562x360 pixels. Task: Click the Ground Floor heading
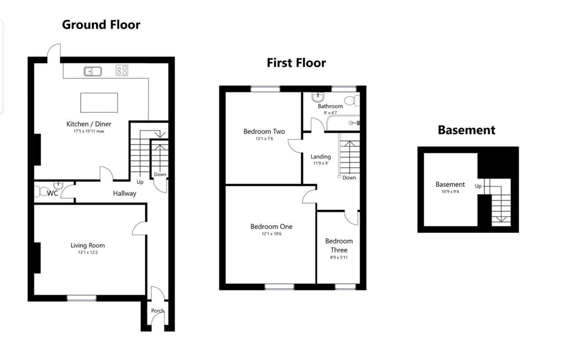point(101,25)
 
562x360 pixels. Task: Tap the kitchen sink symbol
point(93,71)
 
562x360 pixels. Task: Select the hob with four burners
point(122,71)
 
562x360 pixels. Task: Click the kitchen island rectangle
point(99,103)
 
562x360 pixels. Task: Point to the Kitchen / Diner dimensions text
point(89,131)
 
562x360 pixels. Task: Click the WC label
point(52,193)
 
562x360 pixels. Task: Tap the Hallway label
point(124,193)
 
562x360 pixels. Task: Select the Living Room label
point(87,245)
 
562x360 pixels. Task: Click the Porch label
point(158,310)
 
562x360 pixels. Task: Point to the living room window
point(82,298)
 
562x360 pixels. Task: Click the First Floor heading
point(296,63)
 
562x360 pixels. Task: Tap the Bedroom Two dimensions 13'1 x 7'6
point(264,138)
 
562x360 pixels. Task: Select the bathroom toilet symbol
point(352,101)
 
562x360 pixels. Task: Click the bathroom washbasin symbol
point(318,97)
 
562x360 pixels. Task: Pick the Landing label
point(321,157)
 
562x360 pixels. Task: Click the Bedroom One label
point(272,227)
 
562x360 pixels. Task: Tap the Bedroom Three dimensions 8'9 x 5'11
point(339,257)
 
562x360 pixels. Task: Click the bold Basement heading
point(467,130)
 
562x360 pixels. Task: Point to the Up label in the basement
point(478,186)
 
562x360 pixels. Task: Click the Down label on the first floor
point(349,178)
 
